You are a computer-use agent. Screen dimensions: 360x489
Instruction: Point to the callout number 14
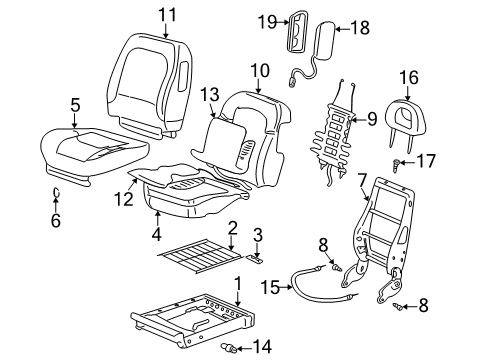[262, 347]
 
